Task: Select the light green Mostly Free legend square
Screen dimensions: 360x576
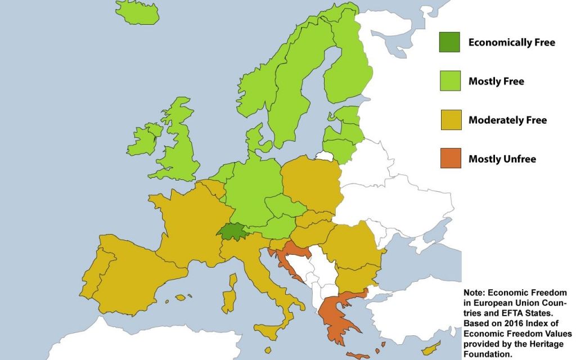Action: coord(449,82)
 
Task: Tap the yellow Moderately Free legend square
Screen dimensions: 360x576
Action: coord(449,120)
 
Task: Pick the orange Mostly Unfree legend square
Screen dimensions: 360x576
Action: coord(449,159)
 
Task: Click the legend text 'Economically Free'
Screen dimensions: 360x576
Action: coord(511,43)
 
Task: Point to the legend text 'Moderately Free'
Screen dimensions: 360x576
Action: coord(507,120)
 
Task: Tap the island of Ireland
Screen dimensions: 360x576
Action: coord(143,141)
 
